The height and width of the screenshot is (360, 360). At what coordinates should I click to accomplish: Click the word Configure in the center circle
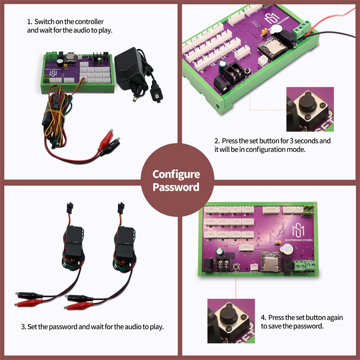click(x=176, y=175)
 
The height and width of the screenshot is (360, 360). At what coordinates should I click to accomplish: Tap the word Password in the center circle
click(x=176, y=187)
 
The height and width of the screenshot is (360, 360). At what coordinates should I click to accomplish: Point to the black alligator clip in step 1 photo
click(x=110, y=147)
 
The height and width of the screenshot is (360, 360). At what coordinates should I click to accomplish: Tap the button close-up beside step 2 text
click(x=310, y=109)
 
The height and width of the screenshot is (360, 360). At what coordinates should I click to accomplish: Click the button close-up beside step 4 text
click(x=231, y=321)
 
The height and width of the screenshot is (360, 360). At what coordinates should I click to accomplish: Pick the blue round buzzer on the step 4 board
click(x=287, y=249)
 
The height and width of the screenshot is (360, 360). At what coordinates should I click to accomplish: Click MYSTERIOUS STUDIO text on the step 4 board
click(x=299, y=240)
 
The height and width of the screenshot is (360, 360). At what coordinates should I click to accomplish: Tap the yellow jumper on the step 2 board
click(x=264, y=32)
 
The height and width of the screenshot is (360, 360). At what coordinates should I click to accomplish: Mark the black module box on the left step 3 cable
click(x=73, y=242)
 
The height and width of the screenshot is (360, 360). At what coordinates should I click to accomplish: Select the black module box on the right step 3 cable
click(x=125, y=243)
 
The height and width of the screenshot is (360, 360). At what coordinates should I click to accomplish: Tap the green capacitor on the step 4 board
click(x=220, y=252)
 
